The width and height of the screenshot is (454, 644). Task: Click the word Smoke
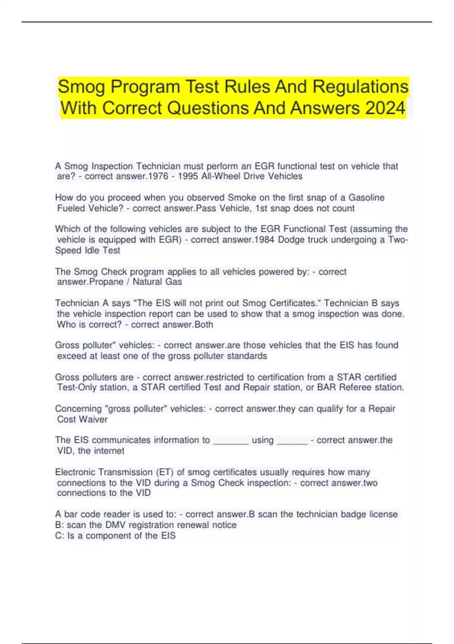(242, 198)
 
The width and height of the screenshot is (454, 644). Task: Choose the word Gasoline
(366, 198)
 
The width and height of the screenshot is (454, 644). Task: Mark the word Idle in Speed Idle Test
(93, 250)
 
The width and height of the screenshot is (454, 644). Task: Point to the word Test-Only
(77, 388)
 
